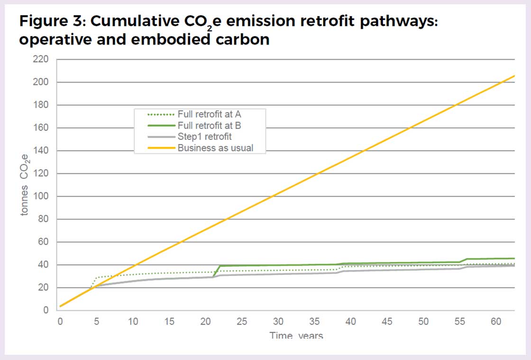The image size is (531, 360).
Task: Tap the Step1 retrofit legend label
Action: (x=204, y=137)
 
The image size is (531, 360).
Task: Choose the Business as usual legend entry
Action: (x=215, y=148)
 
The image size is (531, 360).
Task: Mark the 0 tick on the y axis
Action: (x=46, y=311)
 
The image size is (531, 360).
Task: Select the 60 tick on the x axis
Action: (x=496, y=322)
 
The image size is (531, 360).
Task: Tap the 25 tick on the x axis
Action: (x=242, y=322)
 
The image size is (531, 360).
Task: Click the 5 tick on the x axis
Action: (x=96, y=322)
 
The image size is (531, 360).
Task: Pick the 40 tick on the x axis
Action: (x=351, y=322)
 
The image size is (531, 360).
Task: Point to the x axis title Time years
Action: (x=296, y=335)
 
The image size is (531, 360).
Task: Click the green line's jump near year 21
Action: (x=216, y=271)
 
